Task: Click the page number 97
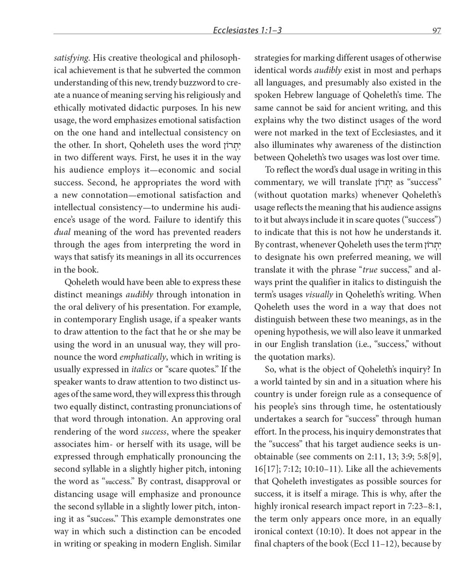point(436,30)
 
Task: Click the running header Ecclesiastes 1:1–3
point(247,30)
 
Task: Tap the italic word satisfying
point(71,58)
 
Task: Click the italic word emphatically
point(142,357)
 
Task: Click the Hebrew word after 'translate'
point(382,182)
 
